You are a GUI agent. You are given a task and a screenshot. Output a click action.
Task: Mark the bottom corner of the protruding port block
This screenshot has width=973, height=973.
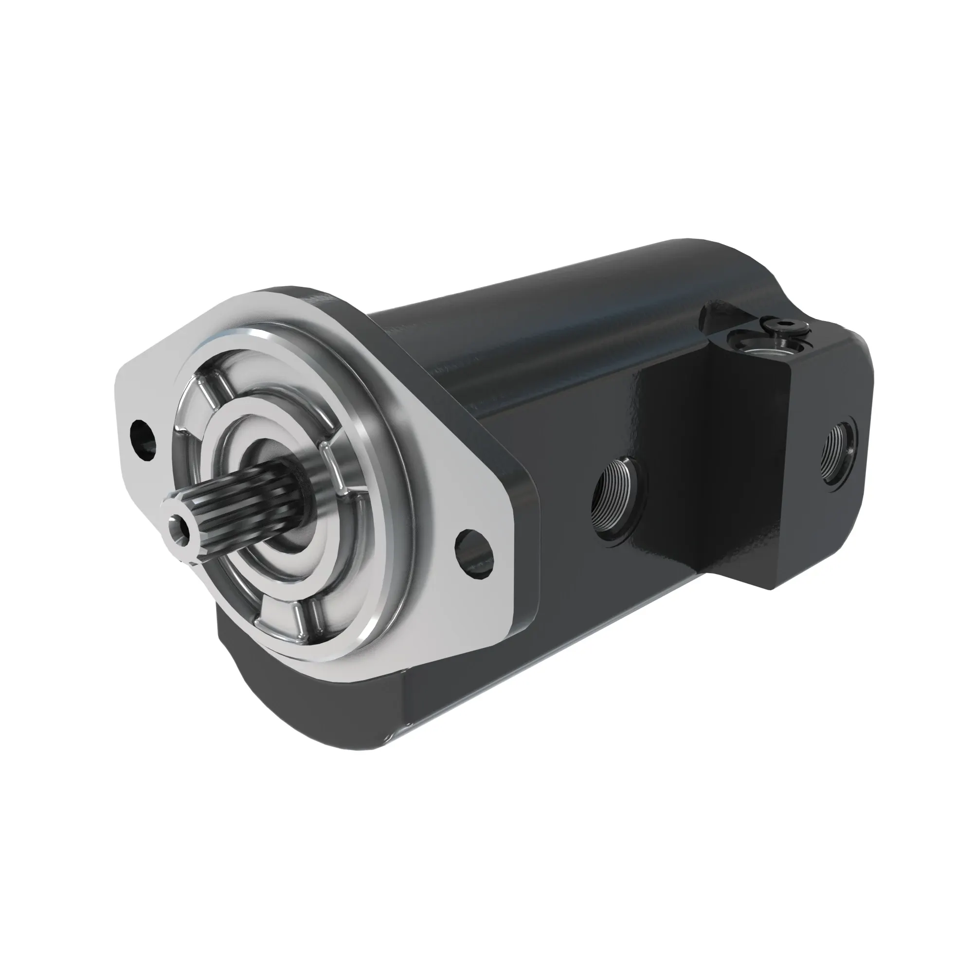(771, 589)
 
